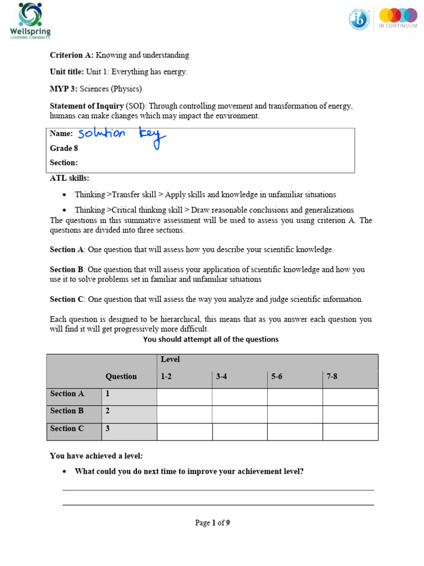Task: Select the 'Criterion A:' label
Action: coord(72,55)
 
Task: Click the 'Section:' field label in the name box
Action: coord(63,163)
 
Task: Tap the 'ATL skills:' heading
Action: coord(69,178)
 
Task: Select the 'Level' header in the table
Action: coord(170,360)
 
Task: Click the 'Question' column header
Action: coord(121,376)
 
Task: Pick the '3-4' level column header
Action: coord(221,376)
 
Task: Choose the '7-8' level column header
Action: coord(332,376)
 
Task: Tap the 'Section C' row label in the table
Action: coord(67,429)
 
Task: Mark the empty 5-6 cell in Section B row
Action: coord(295,414)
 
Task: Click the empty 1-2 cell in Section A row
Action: coord(184,397)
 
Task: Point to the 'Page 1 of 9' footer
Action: coord(212,523)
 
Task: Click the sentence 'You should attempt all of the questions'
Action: coord(211,339)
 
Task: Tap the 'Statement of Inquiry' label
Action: coord(87,106)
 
